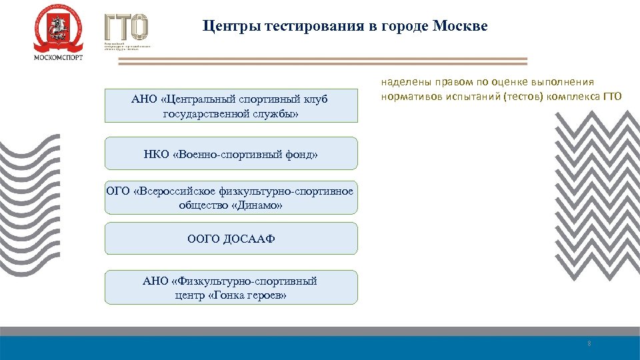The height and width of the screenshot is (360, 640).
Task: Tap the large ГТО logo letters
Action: coord(126,27)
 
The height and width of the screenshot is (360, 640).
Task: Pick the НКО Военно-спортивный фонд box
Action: coord(231,155)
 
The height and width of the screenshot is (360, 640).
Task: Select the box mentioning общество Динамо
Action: coord(231,198)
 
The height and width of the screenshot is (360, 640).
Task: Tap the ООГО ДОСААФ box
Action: coord(231,239)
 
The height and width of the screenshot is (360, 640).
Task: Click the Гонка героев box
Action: coord(231,288)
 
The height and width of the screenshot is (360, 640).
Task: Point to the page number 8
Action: coord(589,343)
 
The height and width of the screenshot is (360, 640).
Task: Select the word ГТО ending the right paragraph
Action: coord(612,97)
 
